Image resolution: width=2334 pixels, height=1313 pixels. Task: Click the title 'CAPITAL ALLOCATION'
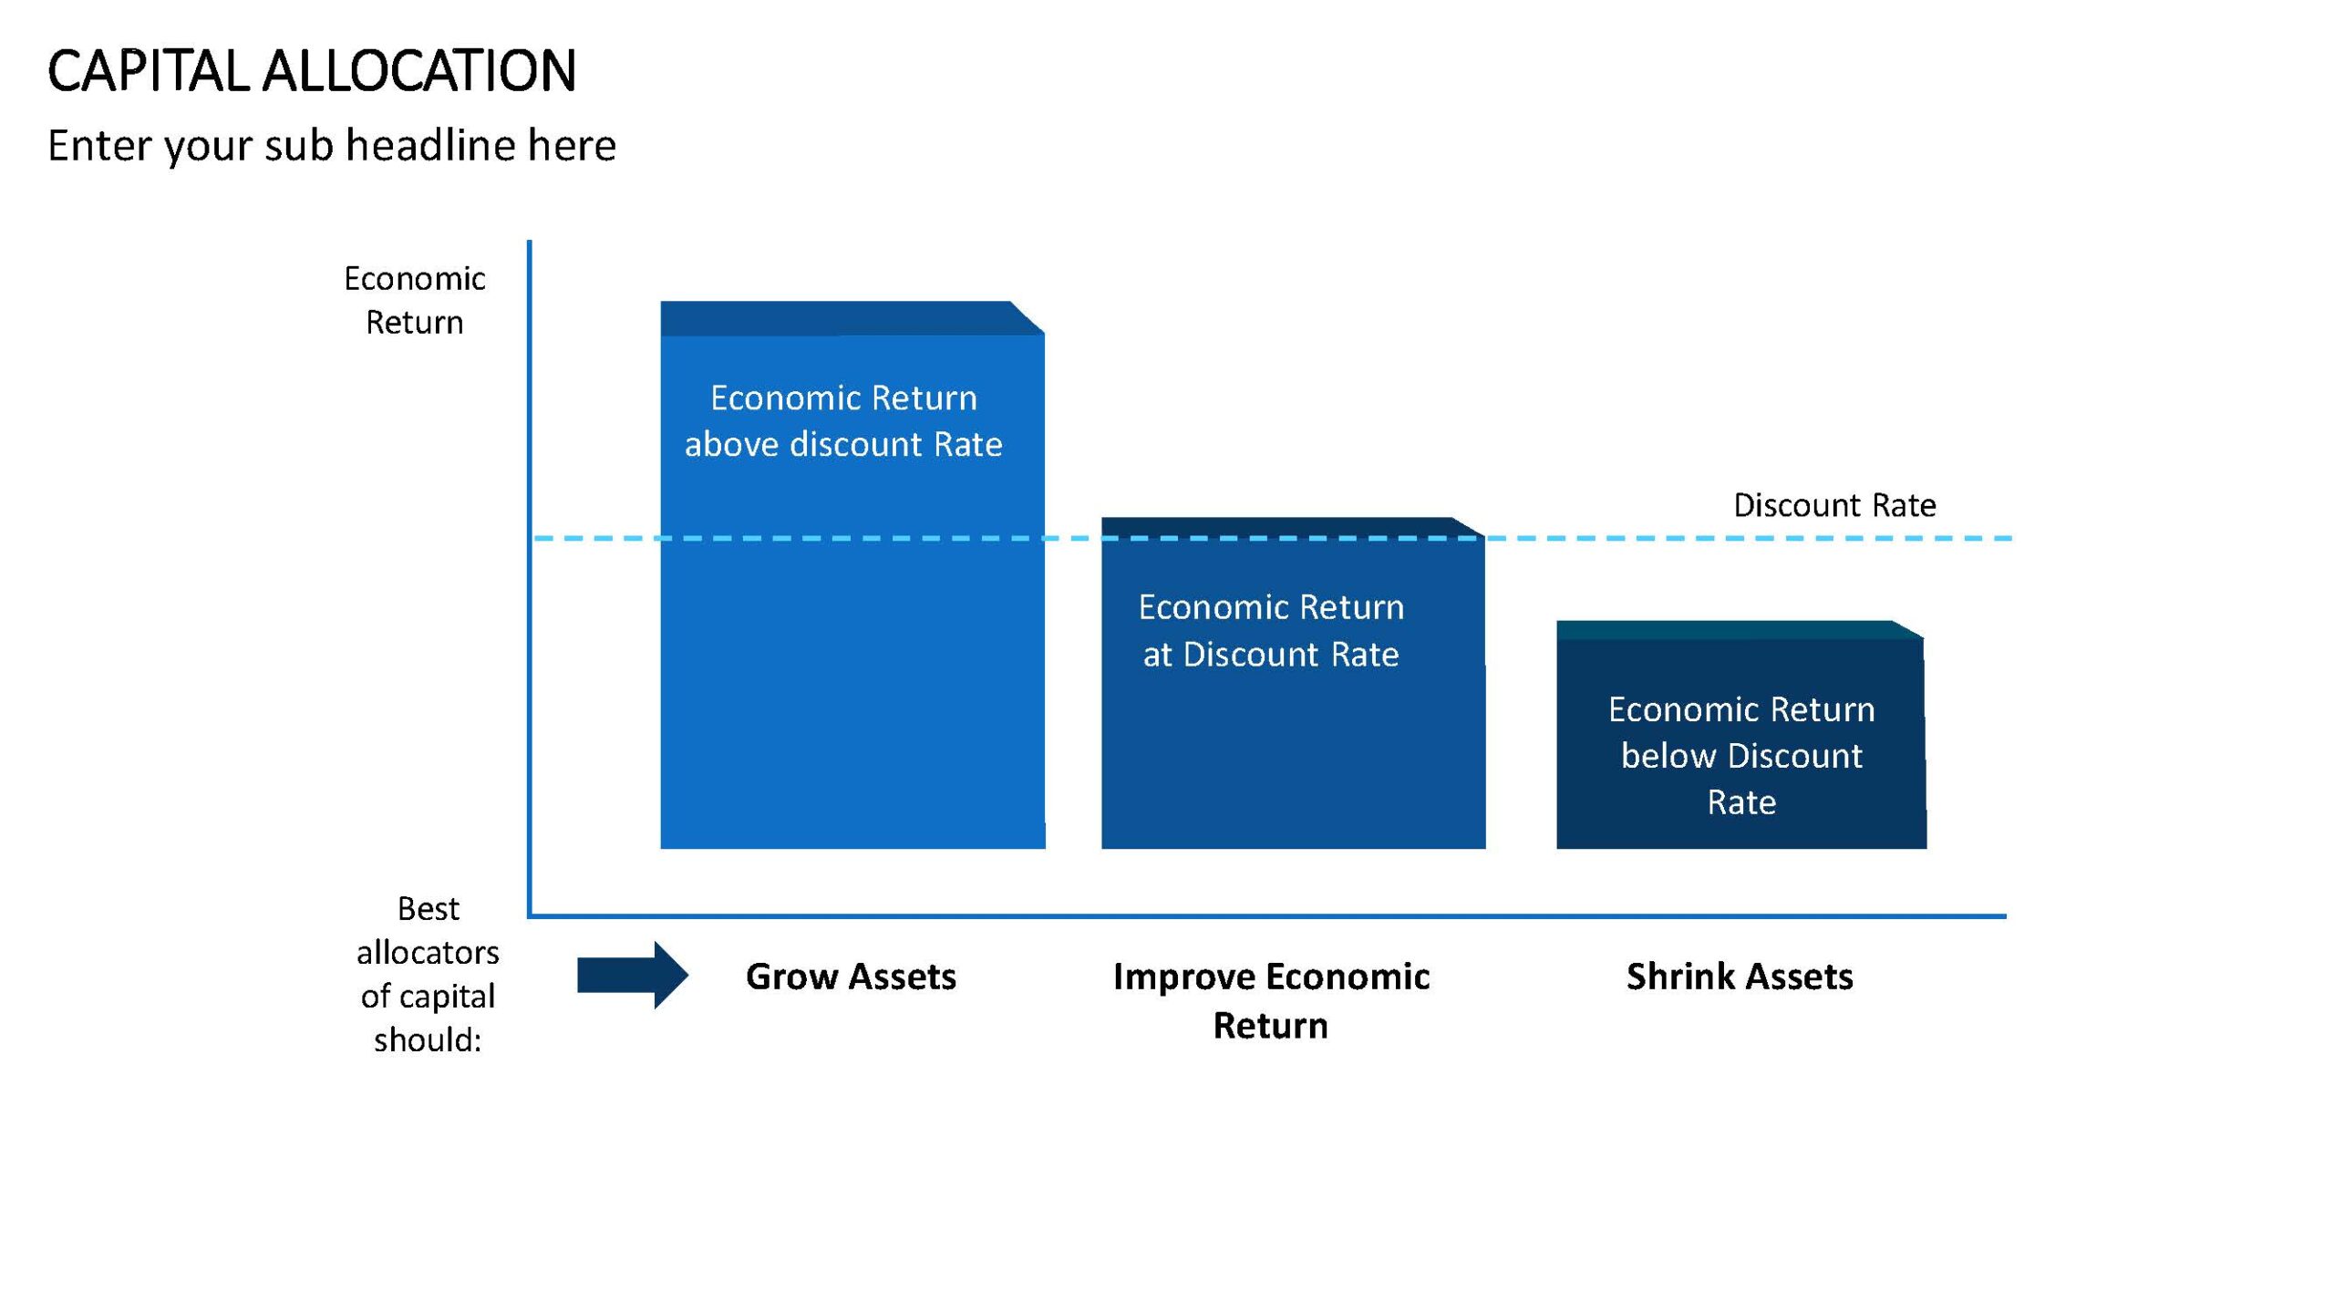[x=312, y=71]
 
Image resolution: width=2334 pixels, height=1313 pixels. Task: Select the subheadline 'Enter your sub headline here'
[x=332, y=146]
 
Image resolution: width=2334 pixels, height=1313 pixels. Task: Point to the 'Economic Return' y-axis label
[x=415, y=300]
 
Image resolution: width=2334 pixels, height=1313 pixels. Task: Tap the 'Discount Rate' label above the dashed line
[x=1834, y=505]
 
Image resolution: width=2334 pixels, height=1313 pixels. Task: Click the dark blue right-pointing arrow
[x=633, y=976]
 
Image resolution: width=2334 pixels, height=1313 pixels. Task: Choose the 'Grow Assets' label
[x=851, y=977]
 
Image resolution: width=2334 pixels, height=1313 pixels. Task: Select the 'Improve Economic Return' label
[x=1271, y=1001]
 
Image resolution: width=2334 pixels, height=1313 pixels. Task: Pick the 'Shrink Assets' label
[x=1740, y=977]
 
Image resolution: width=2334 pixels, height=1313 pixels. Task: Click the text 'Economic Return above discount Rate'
[x=843, y=421]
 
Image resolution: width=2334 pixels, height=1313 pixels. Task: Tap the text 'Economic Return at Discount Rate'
[x=1271, y=631]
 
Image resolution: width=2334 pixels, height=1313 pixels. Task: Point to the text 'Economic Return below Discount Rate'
[x=1741, y=756]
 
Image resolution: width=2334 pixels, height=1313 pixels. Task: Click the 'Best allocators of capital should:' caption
[x=428, y=974]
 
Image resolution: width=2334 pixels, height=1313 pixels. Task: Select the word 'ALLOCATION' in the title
[x=419, y=71]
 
